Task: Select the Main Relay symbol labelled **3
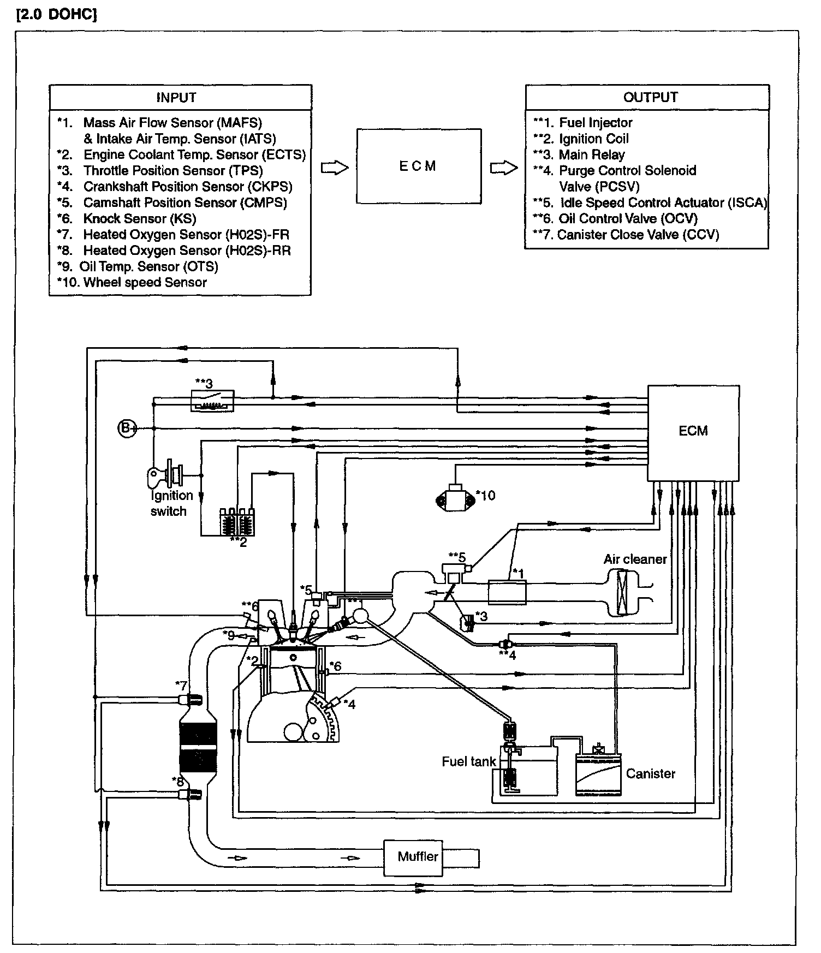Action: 212,401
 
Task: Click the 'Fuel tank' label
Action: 468,761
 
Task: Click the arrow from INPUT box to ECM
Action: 334,168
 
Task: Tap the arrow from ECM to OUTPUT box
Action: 503,168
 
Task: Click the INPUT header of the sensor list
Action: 176,98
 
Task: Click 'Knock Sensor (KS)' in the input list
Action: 139,219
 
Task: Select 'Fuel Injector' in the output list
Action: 595,123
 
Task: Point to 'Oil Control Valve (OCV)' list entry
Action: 628,219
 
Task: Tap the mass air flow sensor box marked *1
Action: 507,592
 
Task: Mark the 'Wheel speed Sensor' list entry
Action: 145,283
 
